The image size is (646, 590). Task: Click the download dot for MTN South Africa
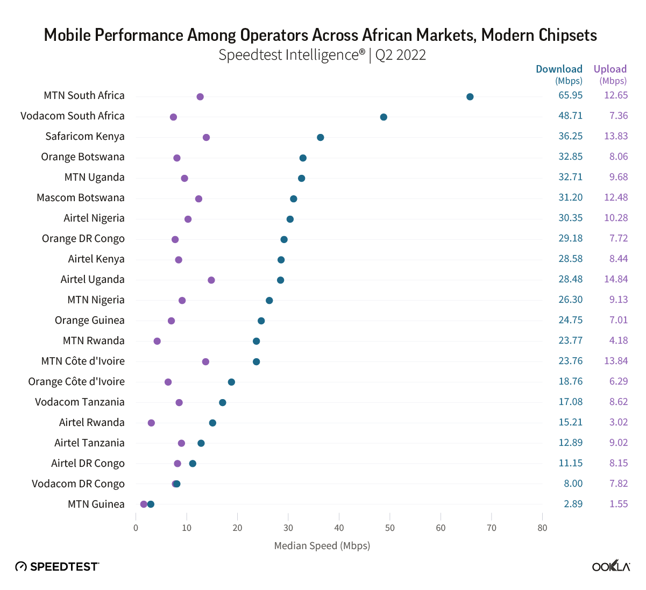[470, 97]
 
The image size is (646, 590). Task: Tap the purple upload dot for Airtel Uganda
[211, 280]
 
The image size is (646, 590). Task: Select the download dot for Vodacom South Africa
[384, 117]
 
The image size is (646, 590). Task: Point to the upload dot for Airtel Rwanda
[151, 423]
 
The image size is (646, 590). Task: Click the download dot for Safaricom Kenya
[321, 138]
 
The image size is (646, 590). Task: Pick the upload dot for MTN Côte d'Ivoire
[205, 362]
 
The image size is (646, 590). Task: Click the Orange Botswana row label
[83, 157]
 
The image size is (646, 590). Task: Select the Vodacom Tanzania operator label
[80, 402]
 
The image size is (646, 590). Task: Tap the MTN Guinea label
[96, 504]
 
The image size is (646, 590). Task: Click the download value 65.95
[570, 96]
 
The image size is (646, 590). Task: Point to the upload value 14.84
[616, 280]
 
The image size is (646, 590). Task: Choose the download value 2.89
[573, 504]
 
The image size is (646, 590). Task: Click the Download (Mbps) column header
[559, 74]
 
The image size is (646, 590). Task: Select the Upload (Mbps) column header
[610, 74]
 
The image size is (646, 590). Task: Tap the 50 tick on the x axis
[390, 528]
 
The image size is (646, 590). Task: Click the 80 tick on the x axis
[542, 528]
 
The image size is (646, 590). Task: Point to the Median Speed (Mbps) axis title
[322, 546]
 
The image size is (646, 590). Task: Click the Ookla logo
[611, 566]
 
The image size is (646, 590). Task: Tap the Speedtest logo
[57, 566]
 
